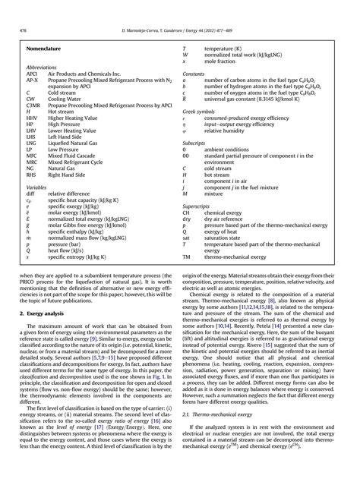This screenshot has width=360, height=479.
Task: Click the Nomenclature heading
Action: click(44, 47)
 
